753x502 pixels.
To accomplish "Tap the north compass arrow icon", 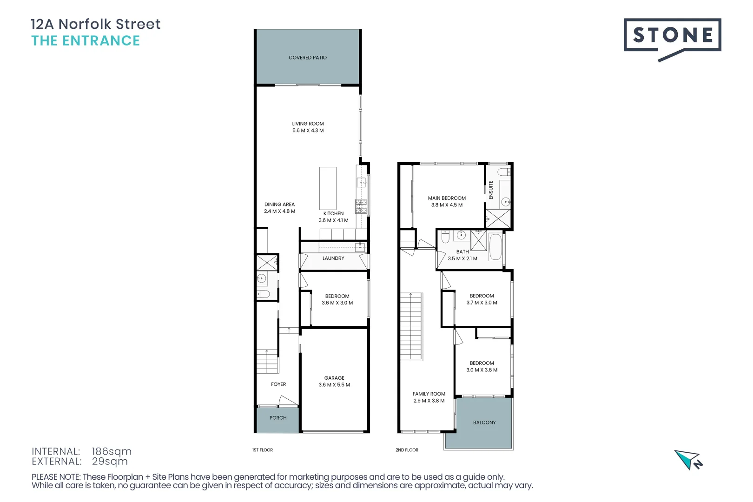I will coord(688,460).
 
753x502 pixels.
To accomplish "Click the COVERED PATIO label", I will coord(307,58).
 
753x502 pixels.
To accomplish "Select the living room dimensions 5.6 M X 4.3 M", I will coord(308,131).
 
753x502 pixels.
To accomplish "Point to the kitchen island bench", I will coord(328,188).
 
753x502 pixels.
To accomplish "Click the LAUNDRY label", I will coord(333,258).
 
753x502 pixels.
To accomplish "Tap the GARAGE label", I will coord(334,378).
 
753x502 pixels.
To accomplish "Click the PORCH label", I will coord(278,418).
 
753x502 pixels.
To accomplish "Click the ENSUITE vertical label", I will coord(491,190).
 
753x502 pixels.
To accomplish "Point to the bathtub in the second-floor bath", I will coord(495,247).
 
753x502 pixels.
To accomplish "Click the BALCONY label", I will coord(484,423).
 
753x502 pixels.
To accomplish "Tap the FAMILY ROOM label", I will coord(429,394).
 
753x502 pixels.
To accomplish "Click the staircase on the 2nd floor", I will coord(411,326).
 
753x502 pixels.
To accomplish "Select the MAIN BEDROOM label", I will coord(447,198).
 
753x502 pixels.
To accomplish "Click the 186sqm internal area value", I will coord(112,451).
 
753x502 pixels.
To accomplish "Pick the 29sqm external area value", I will coord(110,462).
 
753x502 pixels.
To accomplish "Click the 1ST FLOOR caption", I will coord(263,450).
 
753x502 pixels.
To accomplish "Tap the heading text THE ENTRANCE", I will coord(86,41).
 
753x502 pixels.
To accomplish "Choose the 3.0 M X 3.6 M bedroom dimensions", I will coord(482,370).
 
